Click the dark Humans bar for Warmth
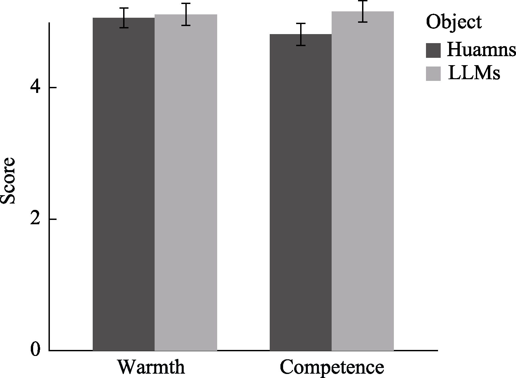click(x=123, y=184)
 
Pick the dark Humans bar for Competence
click(x=300, y=192)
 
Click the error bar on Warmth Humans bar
click(x=124, y=18)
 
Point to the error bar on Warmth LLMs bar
click(x=186, y=14)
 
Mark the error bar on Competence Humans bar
click(x=301, y=34)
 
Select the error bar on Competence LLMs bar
click(x=363, y=11)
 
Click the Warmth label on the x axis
click(x=151, y=367)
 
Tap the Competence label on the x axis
click(x=332, y=367)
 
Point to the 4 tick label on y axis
click(x=35, y=88)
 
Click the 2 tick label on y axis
click(x=35, y=219)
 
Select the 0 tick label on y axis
click(x=35, y=350)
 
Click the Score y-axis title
click(x=8, y=180)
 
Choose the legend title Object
click(x=454, y=22)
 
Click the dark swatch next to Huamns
click(x=433, y=50)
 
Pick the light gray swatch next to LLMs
click(x=433, y=74)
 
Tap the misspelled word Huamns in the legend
click(x=481, y=50)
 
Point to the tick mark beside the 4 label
click(x=53, y=88)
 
